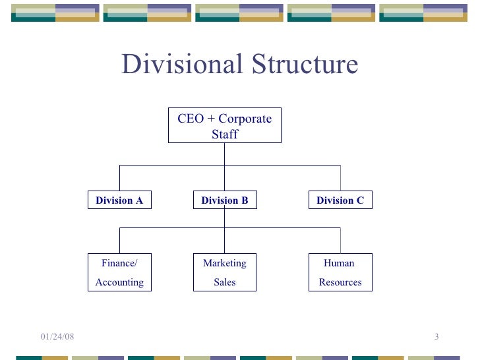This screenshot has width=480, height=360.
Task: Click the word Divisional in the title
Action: pos(173,65)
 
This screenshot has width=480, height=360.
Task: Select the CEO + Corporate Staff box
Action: pos(225,126)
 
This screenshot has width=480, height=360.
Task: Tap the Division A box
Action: pos(119,200)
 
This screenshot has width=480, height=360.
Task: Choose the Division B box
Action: pos(225,200)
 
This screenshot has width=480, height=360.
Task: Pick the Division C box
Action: pos(340,200)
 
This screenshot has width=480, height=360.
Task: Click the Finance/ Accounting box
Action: pos(119,272)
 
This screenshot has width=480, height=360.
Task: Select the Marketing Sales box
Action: pos(225,272)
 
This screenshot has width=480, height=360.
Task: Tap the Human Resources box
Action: pos(340,272)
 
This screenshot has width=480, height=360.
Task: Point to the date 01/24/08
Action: pos(57,338)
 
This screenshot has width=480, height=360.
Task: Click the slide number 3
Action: pos(436,338)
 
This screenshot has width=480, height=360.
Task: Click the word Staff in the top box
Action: pos(225,135)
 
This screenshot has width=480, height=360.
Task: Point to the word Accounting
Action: pos(119,282)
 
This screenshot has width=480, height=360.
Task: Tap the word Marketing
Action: pos(225,263)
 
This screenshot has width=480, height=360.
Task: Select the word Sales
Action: pos(225,282)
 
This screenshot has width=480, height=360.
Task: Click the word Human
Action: pos(339,263)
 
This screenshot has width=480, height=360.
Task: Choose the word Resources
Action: pos(340,282)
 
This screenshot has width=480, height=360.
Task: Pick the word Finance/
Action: pos(119,263)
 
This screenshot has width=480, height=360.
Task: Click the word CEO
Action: pos(191,119)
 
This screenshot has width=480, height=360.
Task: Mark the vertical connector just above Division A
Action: pos(119,178)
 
